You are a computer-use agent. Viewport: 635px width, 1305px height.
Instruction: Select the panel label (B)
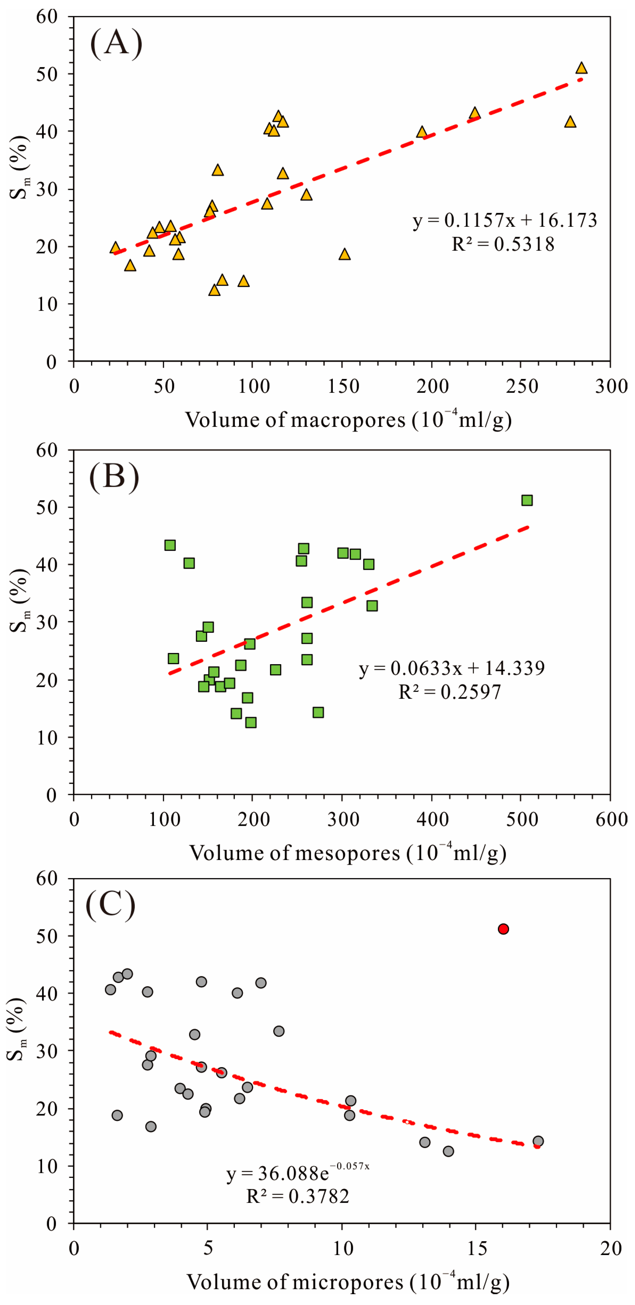coord(114,477)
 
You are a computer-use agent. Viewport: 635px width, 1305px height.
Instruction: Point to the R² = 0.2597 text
coord(450,691)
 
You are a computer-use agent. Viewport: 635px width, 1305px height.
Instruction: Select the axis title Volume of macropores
coord(348,420)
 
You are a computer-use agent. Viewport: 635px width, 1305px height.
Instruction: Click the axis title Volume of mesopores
coord(348,853)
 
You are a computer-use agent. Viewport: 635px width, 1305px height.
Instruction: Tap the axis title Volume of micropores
coord(348,1282)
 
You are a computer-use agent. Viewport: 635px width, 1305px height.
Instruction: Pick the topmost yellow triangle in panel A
coord(581,68)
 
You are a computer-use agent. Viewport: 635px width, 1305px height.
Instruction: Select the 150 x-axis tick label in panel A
coord(343,386)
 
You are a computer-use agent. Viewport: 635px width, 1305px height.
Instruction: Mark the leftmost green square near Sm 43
coord(170,545)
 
